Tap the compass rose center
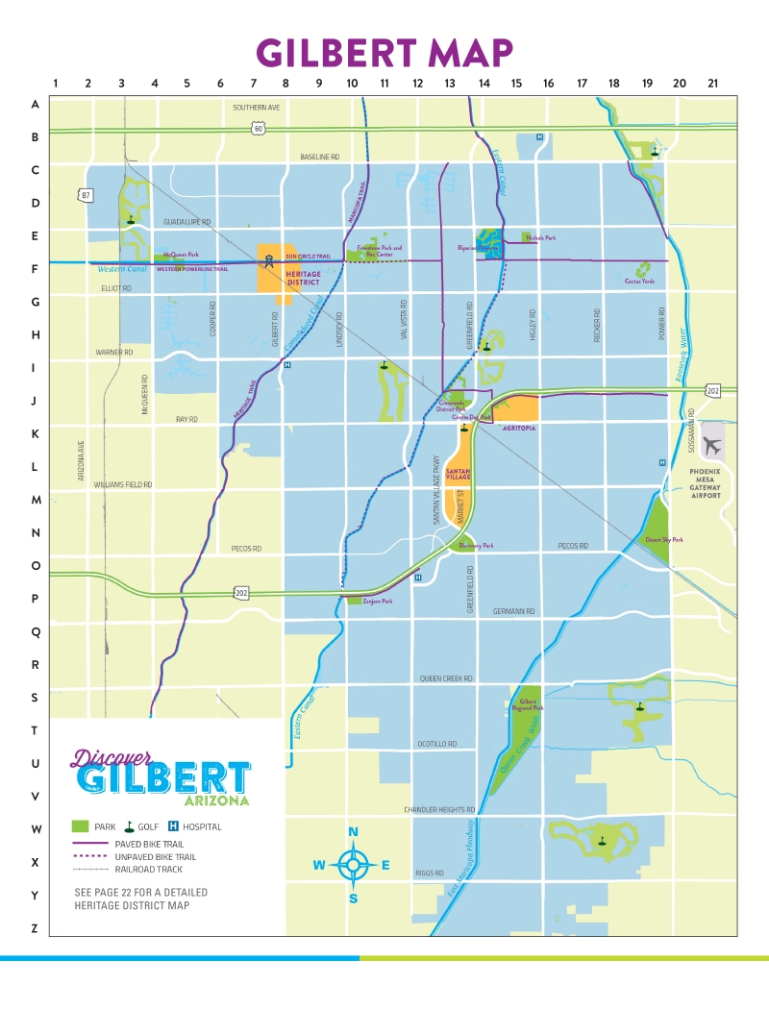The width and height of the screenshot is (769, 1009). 353,864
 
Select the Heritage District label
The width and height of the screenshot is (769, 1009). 303,278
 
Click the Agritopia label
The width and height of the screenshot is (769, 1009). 518,427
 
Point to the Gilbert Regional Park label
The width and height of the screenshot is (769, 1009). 532,706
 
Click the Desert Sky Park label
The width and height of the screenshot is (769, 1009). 663,540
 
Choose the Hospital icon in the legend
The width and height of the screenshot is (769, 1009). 174,826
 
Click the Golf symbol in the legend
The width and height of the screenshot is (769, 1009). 129,826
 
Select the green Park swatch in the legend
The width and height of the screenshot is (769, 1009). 81,826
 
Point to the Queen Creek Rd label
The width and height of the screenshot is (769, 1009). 446,678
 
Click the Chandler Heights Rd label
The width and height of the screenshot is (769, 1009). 439,809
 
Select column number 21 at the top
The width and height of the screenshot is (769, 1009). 712,84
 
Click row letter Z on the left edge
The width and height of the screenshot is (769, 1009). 35,927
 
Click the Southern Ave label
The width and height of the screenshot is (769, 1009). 256,108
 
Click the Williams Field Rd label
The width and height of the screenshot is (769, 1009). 123,485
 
